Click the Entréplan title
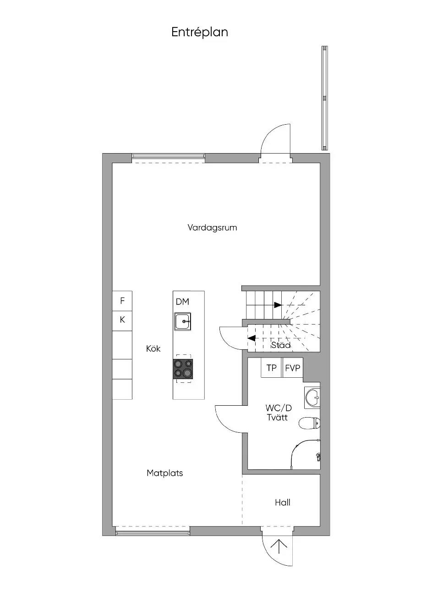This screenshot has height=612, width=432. click(x=200, y=33)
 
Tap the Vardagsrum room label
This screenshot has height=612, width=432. click(x=212, y=227)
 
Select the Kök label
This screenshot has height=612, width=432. click(x=153, y=348)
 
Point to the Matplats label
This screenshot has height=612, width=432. click(x=164, y=473)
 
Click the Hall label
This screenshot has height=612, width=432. click(x=282, y=502)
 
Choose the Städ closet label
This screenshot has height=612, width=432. click(x=281, y=345)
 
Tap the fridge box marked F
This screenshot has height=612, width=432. click(x=122, y=301)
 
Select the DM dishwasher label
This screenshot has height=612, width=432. click(x=182, y=302)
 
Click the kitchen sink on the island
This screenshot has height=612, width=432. click(x=183, y=322)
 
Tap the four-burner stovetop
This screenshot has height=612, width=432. click(x=183, y=369)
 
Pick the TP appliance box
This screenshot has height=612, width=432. click(x=272, y=368)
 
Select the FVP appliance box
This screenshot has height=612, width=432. click(x=292, y=368)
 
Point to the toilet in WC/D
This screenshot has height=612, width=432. click(x=310, y=424)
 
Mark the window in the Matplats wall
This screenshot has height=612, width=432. click(x=153, y=533)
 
